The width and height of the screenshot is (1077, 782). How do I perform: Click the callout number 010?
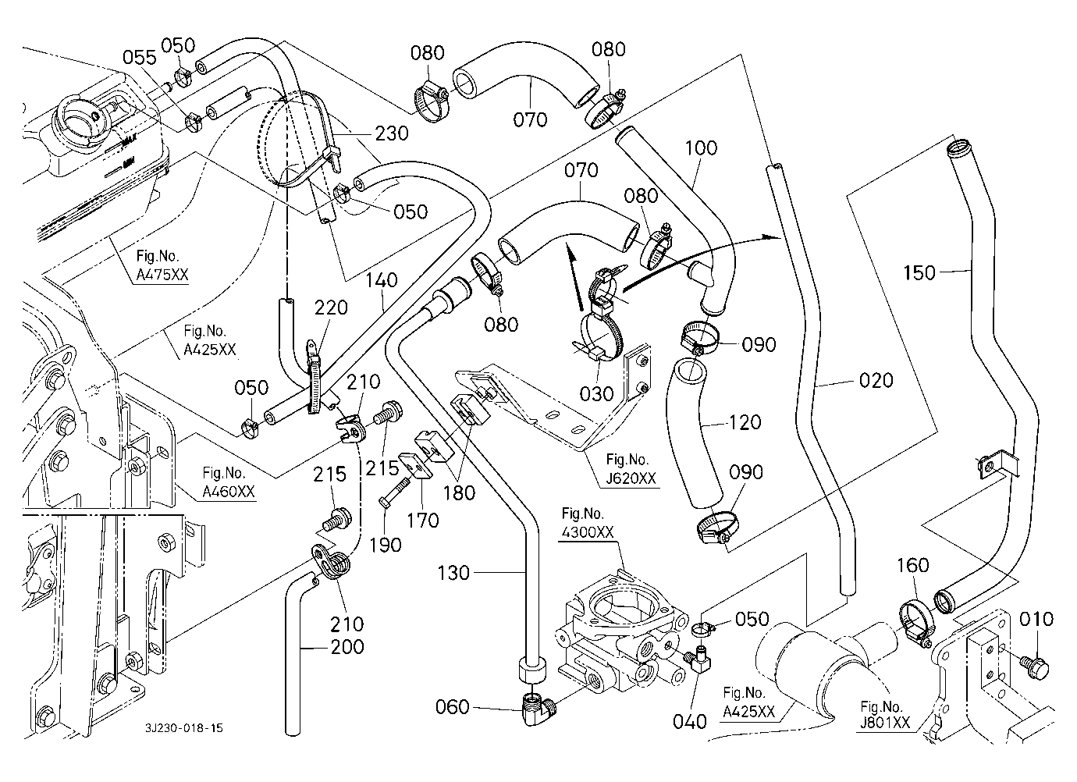[x=1036, y=620]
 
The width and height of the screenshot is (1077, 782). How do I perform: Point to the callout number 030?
[x=597, y=394]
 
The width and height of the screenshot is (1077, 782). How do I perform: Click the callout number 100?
[x=702, y=148]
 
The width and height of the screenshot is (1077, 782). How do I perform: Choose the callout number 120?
[x=745, y=421]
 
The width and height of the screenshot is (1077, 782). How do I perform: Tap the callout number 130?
[x=453, y=574]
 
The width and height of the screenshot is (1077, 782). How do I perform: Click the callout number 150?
[x=919, y=272]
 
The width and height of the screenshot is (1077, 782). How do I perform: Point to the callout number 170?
[x=423, y=520]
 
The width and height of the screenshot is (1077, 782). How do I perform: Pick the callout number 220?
[x=332, y=308]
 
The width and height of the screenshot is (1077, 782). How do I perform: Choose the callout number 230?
[x=392, y=133]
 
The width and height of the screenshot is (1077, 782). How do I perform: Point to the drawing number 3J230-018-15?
[x=184, y=727]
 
